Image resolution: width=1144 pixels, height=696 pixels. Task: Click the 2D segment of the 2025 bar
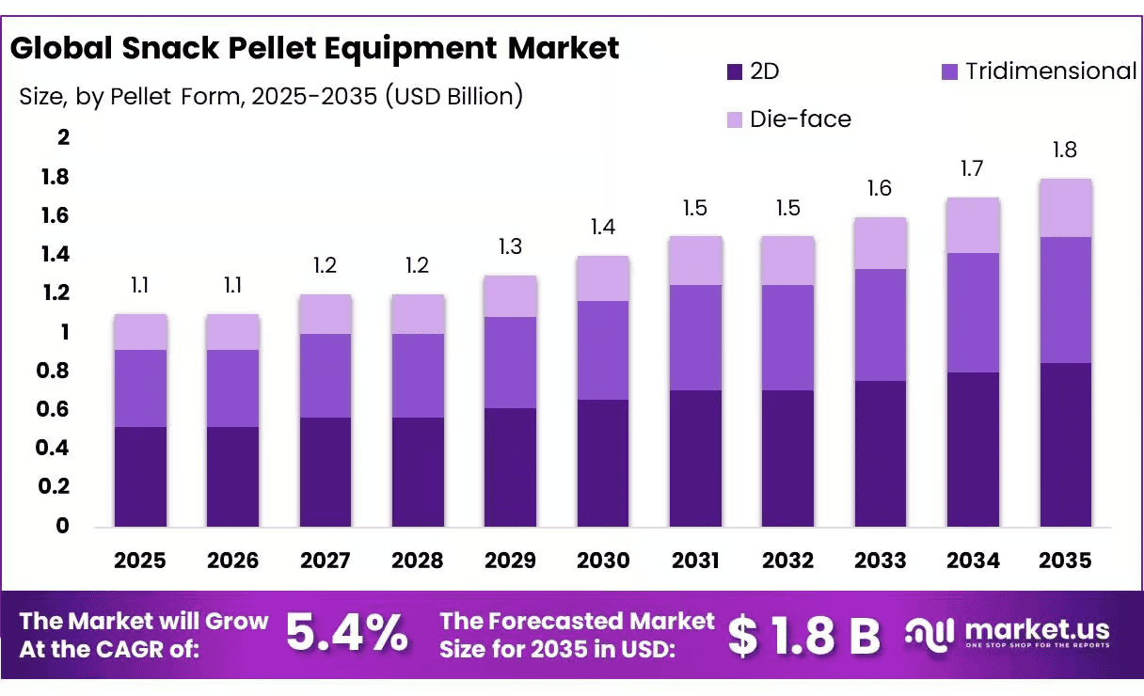tap(140, 477)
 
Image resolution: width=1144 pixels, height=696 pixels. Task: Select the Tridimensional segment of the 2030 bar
tap(603, 350)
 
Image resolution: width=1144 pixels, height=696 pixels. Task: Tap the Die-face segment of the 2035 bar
tap(1066, 208)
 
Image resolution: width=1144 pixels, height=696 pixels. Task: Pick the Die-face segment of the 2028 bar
tap(419, 314)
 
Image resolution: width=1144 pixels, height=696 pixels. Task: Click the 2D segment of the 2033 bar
tap(881, 453)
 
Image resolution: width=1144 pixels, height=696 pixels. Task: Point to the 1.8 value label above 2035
tap(1065, 150)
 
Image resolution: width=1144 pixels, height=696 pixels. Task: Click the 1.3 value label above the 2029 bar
tap(510, 247)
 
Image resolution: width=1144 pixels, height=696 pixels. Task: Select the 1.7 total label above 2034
tap(972, 169)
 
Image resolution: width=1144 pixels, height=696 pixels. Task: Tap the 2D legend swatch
tap(735, 72)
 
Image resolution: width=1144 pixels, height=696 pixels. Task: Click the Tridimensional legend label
tap(1051, 71)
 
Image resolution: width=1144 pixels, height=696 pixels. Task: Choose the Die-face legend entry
tap(789, 119)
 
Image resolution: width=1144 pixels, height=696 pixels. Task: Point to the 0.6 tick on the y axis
tap(53, 409)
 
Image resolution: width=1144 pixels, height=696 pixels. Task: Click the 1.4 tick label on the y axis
tap(56, 254)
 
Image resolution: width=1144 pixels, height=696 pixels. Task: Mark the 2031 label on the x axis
tap(695, 561)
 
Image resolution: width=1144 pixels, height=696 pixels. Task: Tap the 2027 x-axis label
tap(326, 561)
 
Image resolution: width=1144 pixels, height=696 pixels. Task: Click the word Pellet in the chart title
tap(272, 49)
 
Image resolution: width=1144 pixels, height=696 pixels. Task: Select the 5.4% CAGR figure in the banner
tap(347, 633)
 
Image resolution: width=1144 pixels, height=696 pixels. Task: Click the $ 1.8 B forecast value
tap(804, 636)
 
